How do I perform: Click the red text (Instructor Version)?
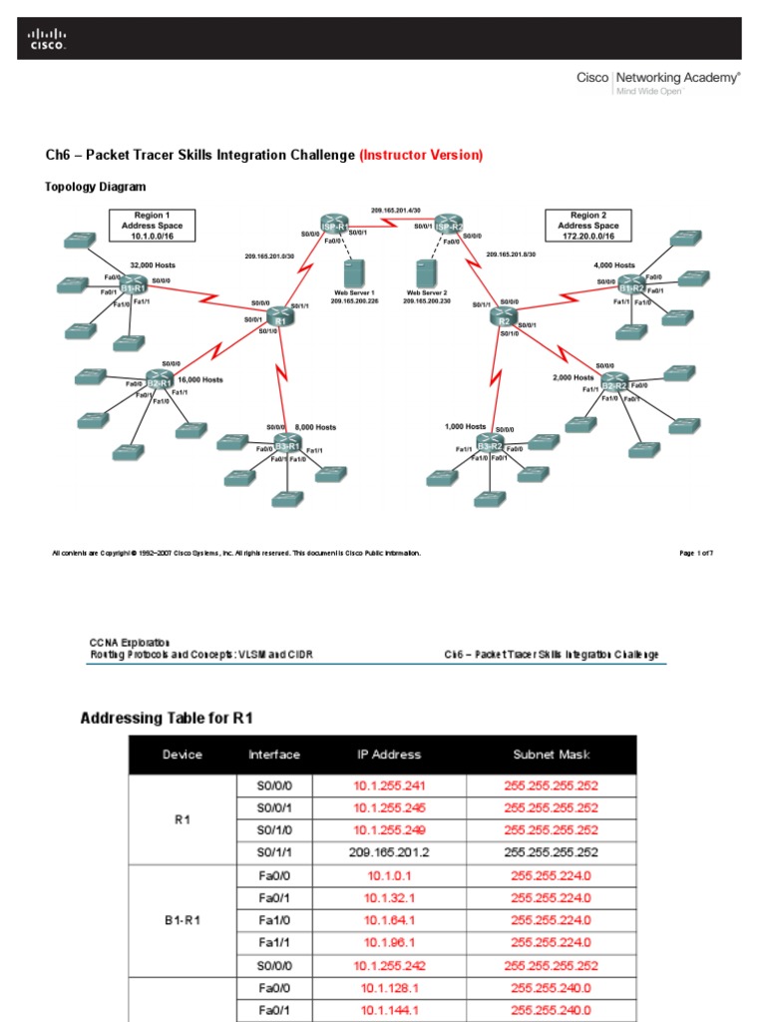point(421,155)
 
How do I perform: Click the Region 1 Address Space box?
point(153,227)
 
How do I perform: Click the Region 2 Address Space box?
point(587,227)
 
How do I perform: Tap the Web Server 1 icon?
point(350,271)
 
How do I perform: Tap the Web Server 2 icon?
point(427,271)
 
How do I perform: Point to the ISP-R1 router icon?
point(333,225)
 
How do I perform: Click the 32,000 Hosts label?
point(153,264)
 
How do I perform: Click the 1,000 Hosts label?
point(465,427)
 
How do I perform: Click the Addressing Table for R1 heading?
point(173,718)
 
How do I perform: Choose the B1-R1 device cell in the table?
point(183,920)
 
